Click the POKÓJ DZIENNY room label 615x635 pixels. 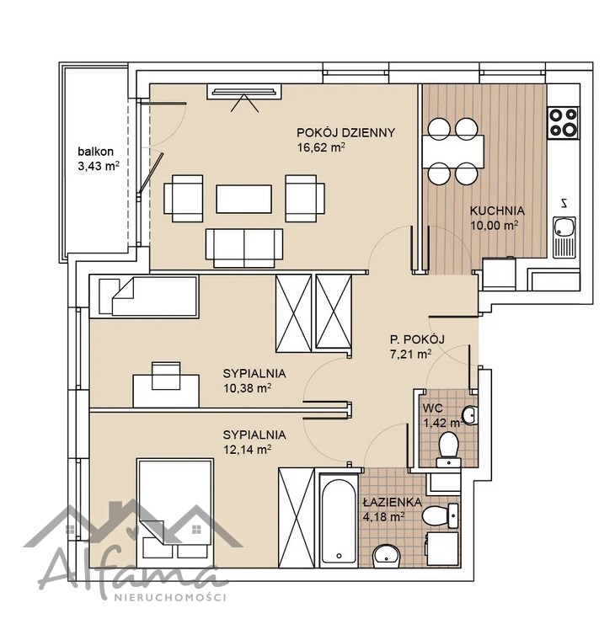pyautogui.click(x=345, y=133)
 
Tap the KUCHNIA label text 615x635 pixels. pyautogui.click(x=497, y=211)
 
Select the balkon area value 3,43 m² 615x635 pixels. pyautogui.click(x=99, y=166)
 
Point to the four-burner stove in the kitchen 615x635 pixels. pyautogui.click(x=563, y=122)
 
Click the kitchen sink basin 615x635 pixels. pyautogui.click(x=564, y=227)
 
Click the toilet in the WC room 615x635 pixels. pyautogui.click(x=448, y=450)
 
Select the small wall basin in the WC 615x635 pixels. pyautogui.click(x=470, y=414)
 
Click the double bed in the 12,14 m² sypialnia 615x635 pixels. pyautogui.click(x=175, y=513)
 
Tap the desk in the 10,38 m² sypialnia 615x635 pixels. pyautogui.click(x=166, y=391)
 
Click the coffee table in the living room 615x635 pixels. pyautogui.click(x=243, y=199)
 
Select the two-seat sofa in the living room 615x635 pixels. pyautogui.click(x=243, y=248)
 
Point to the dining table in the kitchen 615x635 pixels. pyautogui.click(x=452, y=151)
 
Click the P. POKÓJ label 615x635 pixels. pyautogui.click(x=417, y=339)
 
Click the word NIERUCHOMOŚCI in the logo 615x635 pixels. pyautogui.click(x=170, y=597)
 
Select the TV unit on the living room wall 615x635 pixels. pyautogui.click(x=244, y=92)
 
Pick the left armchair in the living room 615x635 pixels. pyautogui.click(x=183, y=199)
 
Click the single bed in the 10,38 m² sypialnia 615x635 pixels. pyautogui.click(x=144, y=296)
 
